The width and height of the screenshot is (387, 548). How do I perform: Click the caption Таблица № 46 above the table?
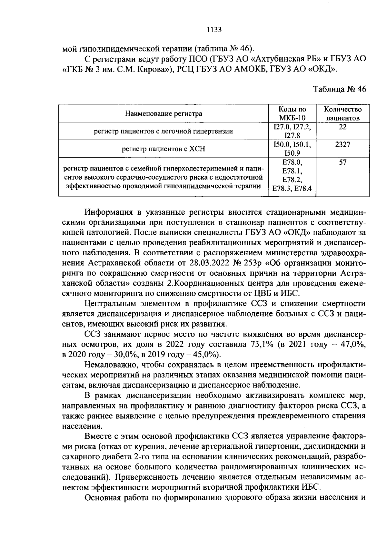pyautogui.click(x=340, y=89)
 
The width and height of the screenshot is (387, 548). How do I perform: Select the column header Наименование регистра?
pyautogui.click(x=164, y=113)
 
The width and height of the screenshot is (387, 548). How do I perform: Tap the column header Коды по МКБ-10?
pyautogui.click(x=292, y=113)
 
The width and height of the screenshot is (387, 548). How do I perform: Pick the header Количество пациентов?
pyautogui.click(x=342, y=113)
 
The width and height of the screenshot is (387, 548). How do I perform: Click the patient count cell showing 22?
pyautogui.click(x=342, y=127)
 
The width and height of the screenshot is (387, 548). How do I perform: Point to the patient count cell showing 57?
pyautogui.click(x=342, y=162)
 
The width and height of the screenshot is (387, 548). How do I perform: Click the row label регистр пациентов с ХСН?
pyautogui.click(x=164, y=149)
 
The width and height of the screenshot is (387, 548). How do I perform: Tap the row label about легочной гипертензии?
pyautogui.click(x=164, y=131)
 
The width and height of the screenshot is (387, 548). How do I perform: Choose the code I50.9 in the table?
pyautogui.click(x=292, y=153)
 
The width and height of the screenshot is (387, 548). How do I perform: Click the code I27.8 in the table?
pyautogui.click(x=292, y=136)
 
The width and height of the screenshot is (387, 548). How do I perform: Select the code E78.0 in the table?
pyautogui.click(x=292, y=162)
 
